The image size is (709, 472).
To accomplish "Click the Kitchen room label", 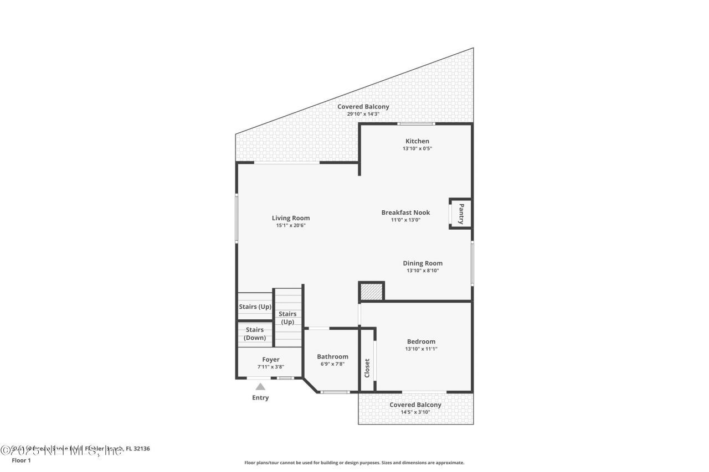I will [x=417, y=141].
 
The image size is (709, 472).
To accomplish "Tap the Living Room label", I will [x=290, y=218].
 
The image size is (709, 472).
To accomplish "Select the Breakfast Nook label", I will [x=405, y=212].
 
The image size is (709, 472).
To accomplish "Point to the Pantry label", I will [x=461, y=214].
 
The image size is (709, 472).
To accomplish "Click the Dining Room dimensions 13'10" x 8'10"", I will [x=422, y=271].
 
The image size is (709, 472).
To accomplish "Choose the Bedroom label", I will [x=421, y=341].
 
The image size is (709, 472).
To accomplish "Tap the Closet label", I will [x=367, y=368].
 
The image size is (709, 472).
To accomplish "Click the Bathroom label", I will [x=332, y=356].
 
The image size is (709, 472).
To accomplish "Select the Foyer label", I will [x=271, y=360].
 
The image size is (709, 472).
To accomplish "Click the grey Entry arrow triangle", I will [x=260, y=387].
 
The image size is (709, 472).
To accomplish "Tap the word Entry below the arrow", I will [x=260, y=398].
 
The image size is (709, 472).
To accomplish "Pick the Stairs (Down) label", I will [x=255, y=334].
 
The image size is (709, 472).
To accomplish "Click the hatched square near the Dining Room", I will [x=371, y=291].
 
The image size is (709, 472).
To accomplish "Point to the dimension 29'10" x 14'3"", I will [x=363, y=114].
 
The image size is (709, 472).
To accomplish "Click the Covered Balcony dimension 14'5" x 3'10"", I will [x=415, y=412].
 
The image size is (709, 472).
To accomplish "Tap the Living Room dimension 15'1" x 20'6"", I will [x=290, y=225].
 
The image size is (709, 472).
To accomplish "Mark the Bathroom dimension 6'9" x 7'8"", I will [x=332, y=364].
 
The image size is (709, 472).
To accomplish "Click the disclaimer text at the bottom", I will [x=354, y=463].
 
